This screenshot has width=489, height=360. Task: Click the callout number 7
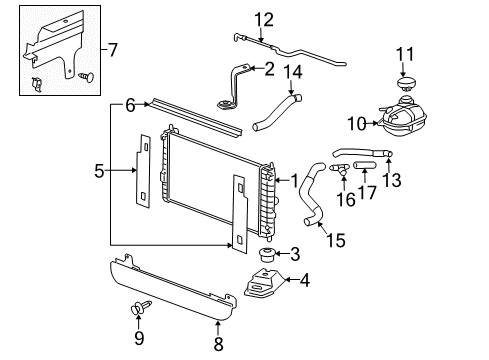(x=112, y=49)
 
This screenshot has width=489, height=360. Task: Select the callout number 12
(x=263, y=18)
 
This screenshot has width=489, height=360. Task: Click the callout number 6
(x=130, y=105)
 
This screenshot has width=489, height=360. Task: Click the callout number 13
(x=393, y=180)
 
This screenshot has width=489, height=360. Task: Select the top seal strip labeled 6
(x=195, y=119)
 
